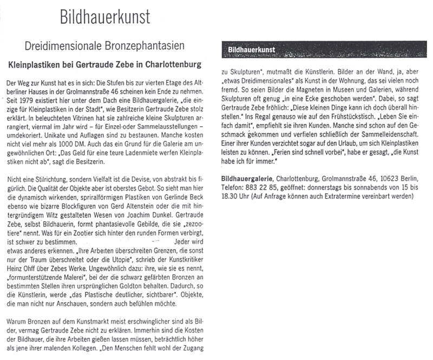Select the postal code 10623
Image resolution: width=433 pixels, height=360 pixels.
(x=384, y=178)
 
